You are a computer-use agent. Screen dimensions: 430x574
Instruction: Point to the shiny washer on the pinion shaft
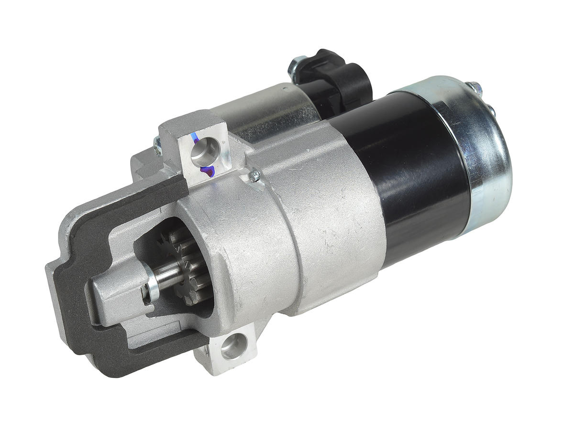click(152, 287)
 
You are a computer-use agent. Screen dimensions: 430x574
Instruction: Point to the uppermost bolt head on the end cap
click(474, 87)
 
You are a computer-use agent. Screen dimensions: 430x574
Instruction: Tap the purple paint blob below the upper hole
click(207, 170)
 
